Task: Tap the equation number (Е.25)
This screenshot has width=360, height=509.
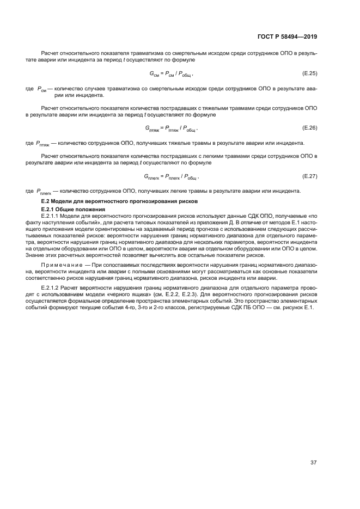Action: click(x=309, y=72)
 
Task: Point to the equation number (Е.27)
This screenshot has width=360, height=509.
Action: click(x=309, y=175)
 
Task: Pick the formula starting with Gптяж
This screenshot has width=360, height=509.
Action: click(x=170, y=128)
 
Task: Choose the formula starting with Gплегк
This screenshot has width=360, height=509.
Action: click(x=170, y=176)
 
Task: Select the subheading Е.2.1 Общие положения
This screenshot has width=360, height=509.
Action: click(x=69, y=209)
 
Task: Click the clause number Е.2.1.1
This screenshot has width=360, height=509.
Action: click(x=52, y=216)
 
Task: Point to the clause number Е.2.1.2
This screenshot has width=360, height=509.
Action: click(x=52, y=286)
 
